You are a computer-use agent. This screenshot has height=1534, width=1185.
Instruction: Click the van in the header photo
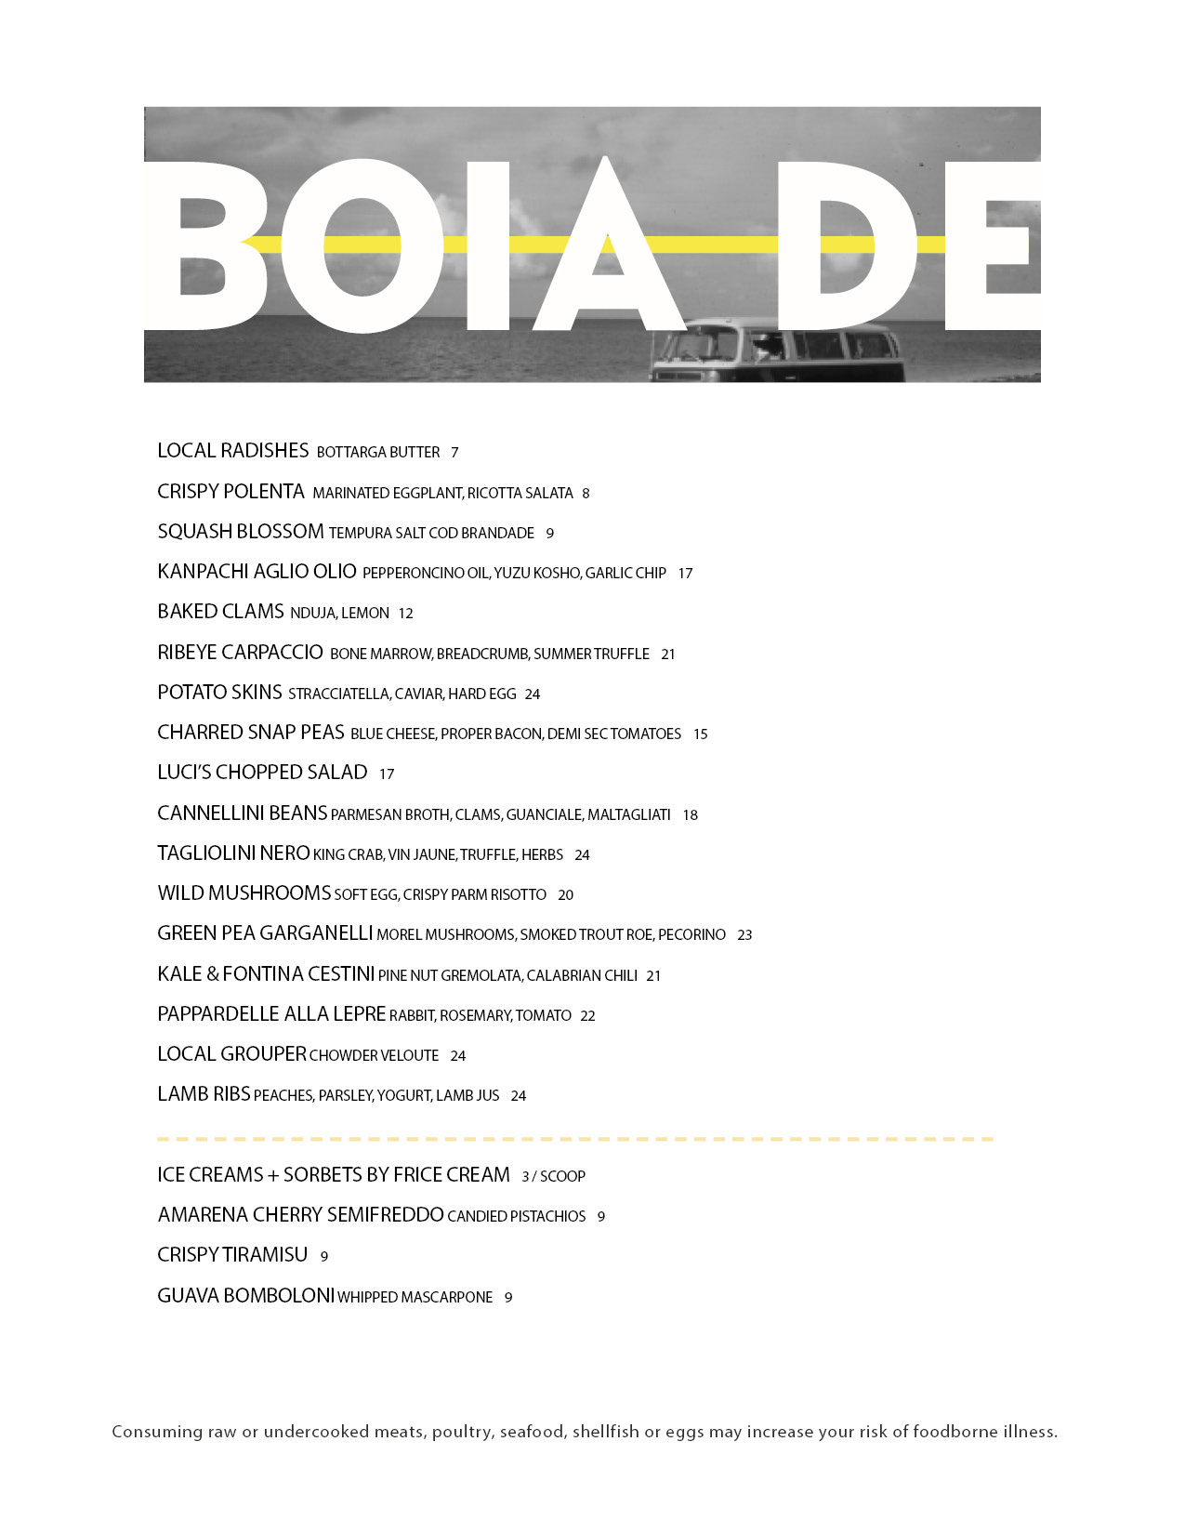click(776, 351)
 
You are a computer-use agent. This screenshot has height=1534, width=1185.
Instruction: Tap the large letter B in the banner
click(200, 246)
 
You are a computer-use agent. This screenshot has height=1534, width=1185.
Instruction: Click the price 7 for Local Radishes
click(454, 453)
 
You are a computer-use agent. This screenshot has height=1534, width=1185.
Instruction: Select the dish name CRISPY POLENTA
click(230, 492)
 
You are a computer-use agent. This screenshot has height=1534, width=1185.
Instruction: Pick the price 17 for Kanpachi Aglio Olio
click(685, 574)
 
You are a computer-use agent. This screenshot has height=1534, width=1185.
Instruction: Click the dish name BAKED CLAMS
click(220, 612)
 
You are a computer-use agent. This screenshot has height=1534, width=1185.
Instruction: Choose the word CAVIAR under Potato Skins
click(417, 694)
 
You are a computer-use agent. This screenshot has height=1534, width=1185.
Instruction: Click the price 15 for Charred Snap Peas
click(700, 734)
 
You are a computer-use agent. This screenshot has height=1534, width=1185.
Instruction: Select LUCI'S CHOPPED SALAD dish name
click(262, 773)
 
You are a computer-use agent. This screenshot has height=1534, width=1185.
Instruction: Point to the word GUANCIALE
click(544, 815)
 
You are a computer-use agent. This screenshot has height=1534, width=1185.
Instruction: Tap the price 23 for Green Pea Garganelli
click(744, 935)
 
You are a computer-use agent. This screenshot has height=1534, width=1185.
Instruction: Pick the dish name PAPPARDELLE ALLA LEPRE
click(271, 1014)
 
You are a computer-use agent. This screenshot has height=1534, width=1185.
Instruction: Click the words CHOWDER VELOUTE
click(374, 1056)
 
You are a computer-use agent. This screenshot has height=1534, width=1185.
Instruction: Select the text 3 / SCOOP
click(553, 1177)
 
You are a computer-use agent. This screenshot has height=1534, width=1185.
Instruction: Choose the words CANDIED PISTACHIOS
click(517, 1217)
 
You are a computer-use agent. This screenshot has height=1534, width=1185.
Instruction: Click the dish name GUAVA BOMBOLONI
click(245, 1296)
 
